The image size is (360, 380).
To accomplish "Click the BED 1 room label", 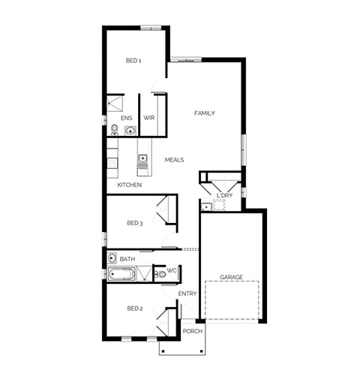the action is coord(133,61).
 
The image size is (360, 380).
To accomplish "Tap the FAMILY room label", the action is coord(205,113).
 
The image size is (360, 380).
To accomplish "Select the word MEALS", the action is coord(175,160).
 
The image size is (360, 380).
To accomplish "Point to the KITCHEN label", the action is coord(130,185).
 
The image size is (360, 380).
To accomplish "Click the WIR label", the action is coord(148,118).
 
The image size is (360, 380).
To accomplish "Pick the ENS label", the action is coord(127,118).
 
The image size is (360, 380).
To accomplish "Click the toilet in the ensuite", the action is coord(114,130).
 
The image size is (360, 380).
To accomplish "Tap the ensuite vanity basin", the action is coord(130,131).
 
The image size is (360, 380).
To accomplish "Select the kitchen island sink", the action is coord(142,158).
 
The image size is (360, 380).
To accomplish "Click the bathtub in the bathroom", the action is coord(121,274).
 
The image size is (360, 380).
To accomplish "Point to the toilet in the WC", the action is coord(160,275).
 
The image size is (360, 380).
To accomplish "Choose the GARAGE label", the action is coord(231,277).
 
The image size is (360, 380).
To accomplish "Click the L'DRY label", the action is coord(224,195).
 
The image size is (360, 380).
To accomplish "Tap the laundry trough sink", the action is coord(206,207).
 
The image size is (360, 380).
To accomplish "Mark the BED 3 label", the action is coord(135,223).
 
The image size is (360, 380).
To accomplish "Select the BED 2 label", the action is coord(135,309).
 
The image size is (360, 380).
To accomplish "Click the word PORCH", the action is coord(193,331).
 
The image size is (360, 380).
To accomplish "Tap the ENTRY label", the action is coord(187,294).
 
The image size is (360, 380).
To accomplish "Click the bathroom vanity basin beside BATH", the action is coord(112,258).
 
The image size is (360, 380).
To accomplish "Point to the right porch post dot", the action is coord(202,351).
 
